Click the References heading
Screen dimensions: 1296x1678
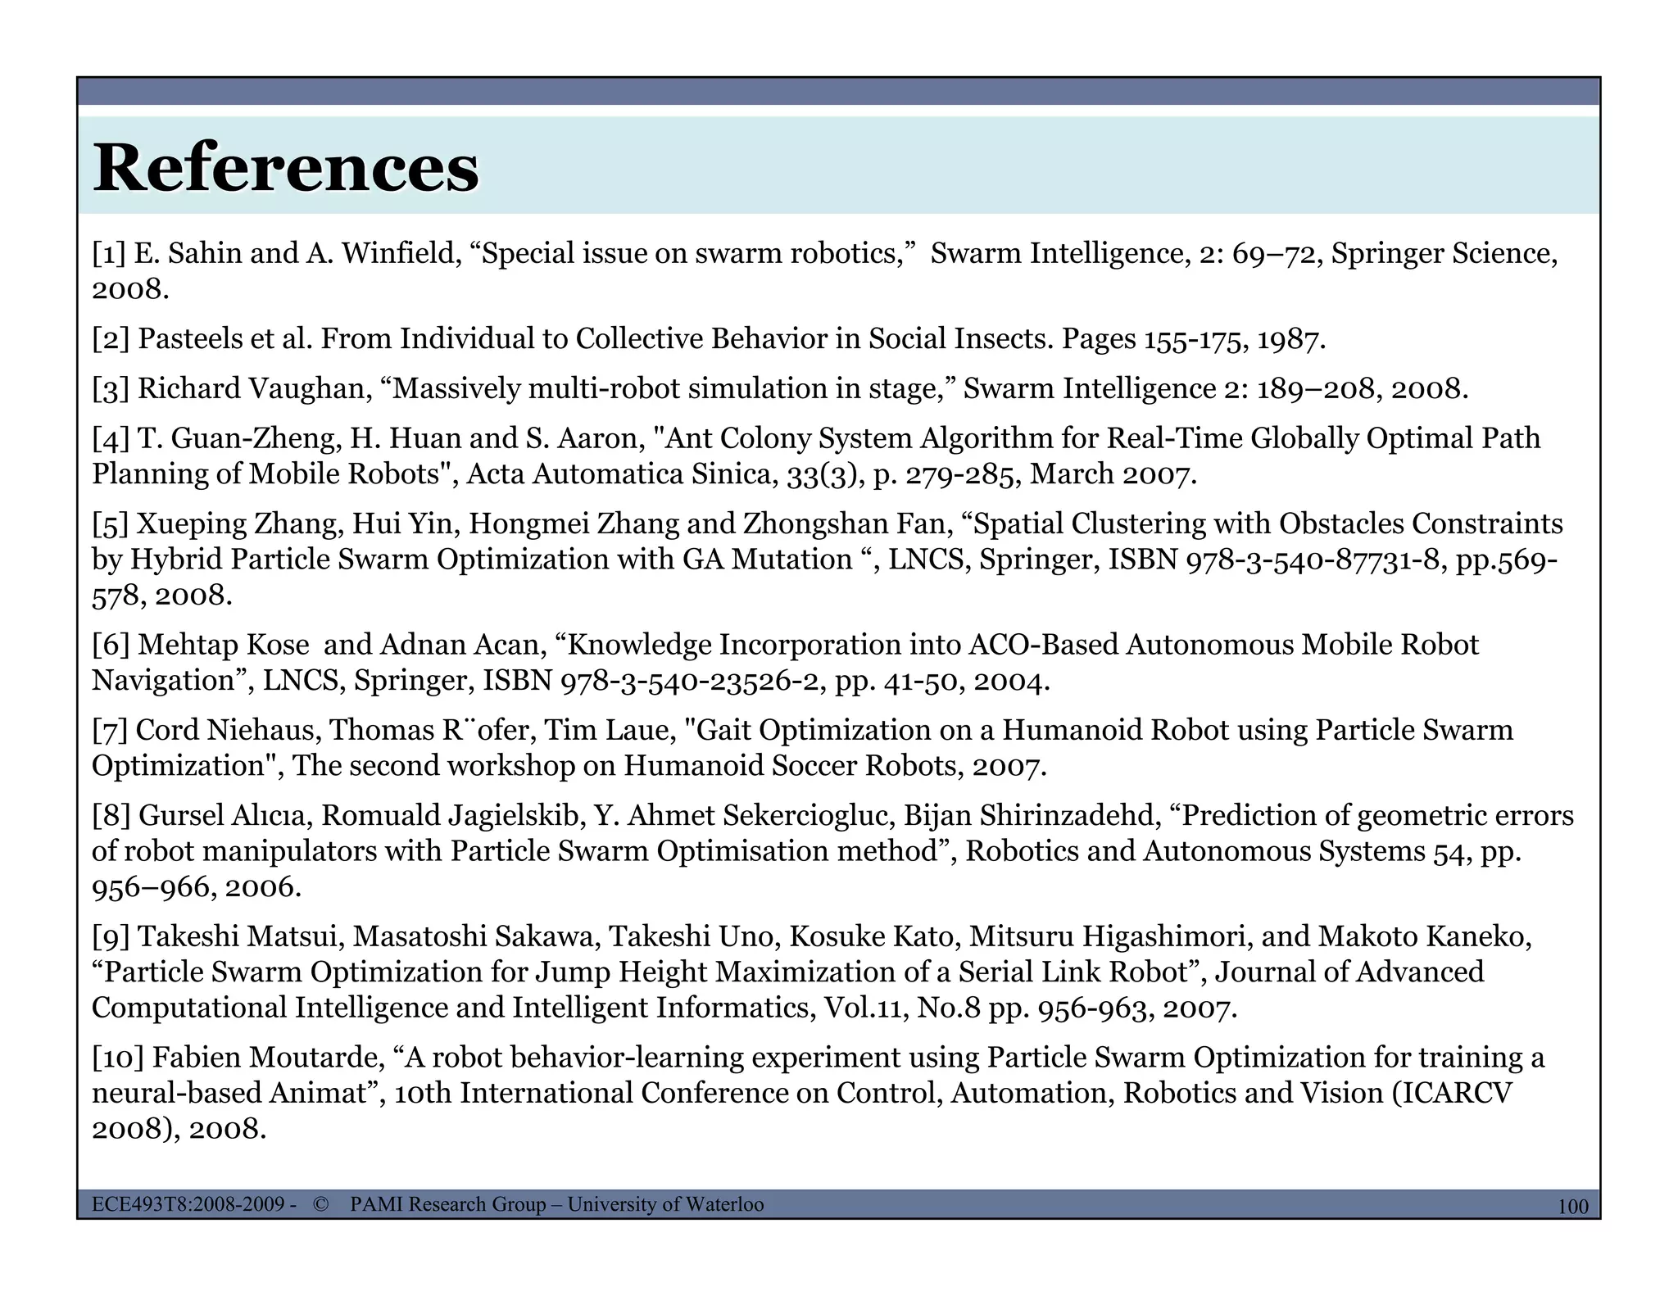coord(286,168)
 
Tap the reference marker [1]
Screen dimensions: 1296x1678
coord(109,254)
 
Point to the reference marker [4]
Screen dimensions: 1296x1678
coord(111,438)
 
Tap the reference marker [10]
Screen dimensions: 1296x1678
coord(118,1058)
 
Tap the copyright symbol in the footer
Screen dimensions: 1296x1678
coord(320,1204)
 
